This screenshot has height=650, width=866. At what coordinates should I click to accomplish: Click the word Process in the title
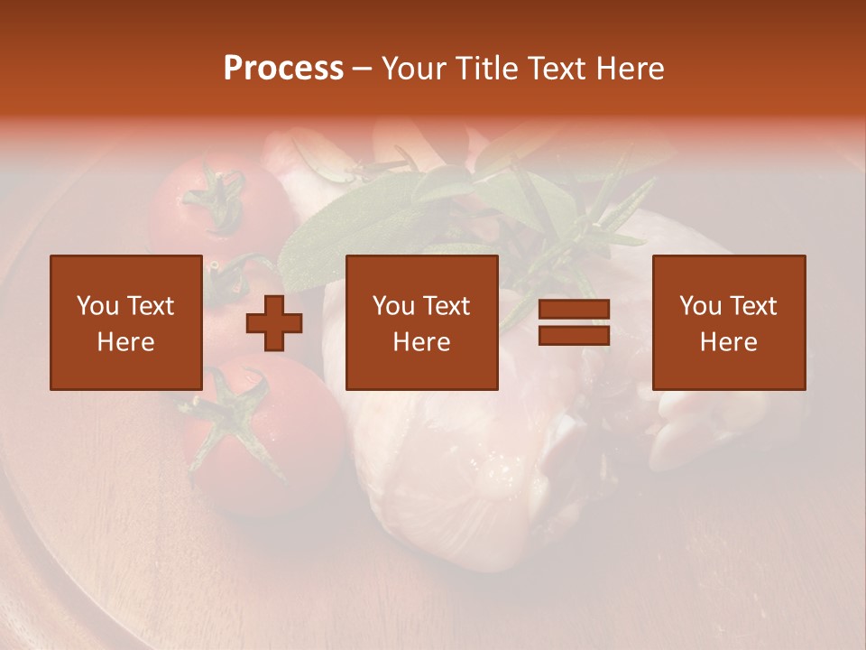[x=283, y=69]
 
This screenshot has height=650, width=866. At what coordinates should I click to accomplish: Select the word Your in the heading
[x=413, y=69]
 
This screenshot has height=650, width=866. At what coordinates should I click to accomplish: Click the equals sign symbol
[x=574, y=323]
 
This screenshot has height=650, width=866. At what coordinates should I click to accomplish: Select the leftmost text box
[x=125, y=322]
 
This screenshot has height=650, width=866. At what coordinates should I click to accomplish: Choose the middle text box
[x=421, y=322]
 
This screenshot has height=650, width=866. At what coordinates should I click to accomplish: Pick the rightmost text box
[x=728, y=322]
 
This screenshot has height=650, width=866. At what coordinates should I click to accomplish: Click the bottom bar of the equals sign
[x=574, y=336]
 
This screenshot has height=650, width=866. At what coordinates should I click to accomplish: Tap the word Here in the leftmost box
[x=125, y=342]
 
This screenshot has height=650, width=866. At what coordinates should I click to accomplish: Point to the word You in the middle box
[x=393, y=306]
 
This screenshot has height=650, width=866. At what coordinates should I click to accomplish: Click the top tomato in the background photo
[x=194, y=217]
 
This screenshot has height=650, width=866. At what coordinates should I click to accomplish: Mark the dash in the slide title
[x=362, y=69]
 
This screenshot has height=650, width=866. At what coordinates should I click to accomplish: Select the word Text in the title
[x=555, y=69]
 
